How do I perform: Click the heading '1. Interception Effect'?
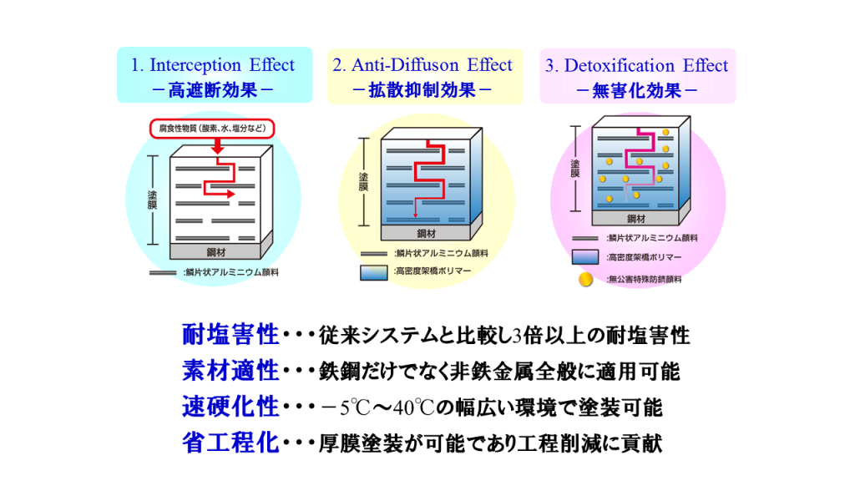pyautogui.click(x=213, y=65)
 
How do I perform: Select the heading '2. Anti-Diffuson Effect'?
pyautogui.click(x=422, y=65)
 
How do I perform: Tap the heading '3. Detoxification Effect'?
pyautogui.click(x=636, y=65)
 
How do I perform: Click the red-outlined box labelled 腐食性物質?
pyautogui.click(x=216, y=129)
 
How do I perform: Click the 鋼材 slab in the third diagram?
pyautogui.click(x=636, y=219)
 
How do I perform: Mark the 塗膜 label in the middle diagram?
pyautogui.click(x=362, y=181)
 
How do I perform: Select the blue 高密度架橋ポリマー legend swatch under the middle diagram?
pyautogui.click(x=372, y=272)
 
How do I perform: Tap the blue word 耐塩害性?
pyautogui.click(x=230, y=336)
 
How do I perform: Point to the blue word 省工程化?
pyautogui.click(x=230, y=443)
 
